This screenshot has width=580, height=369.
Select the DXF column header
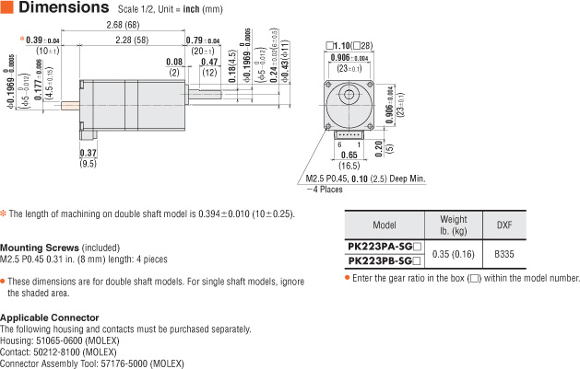(503, 225)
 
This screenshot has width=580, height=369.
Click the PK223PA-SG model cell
(384, 246)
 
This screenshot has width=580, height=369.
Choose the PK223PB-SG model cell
(384, 261)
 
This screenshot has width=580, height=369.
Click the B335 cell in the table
(503, 253)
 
